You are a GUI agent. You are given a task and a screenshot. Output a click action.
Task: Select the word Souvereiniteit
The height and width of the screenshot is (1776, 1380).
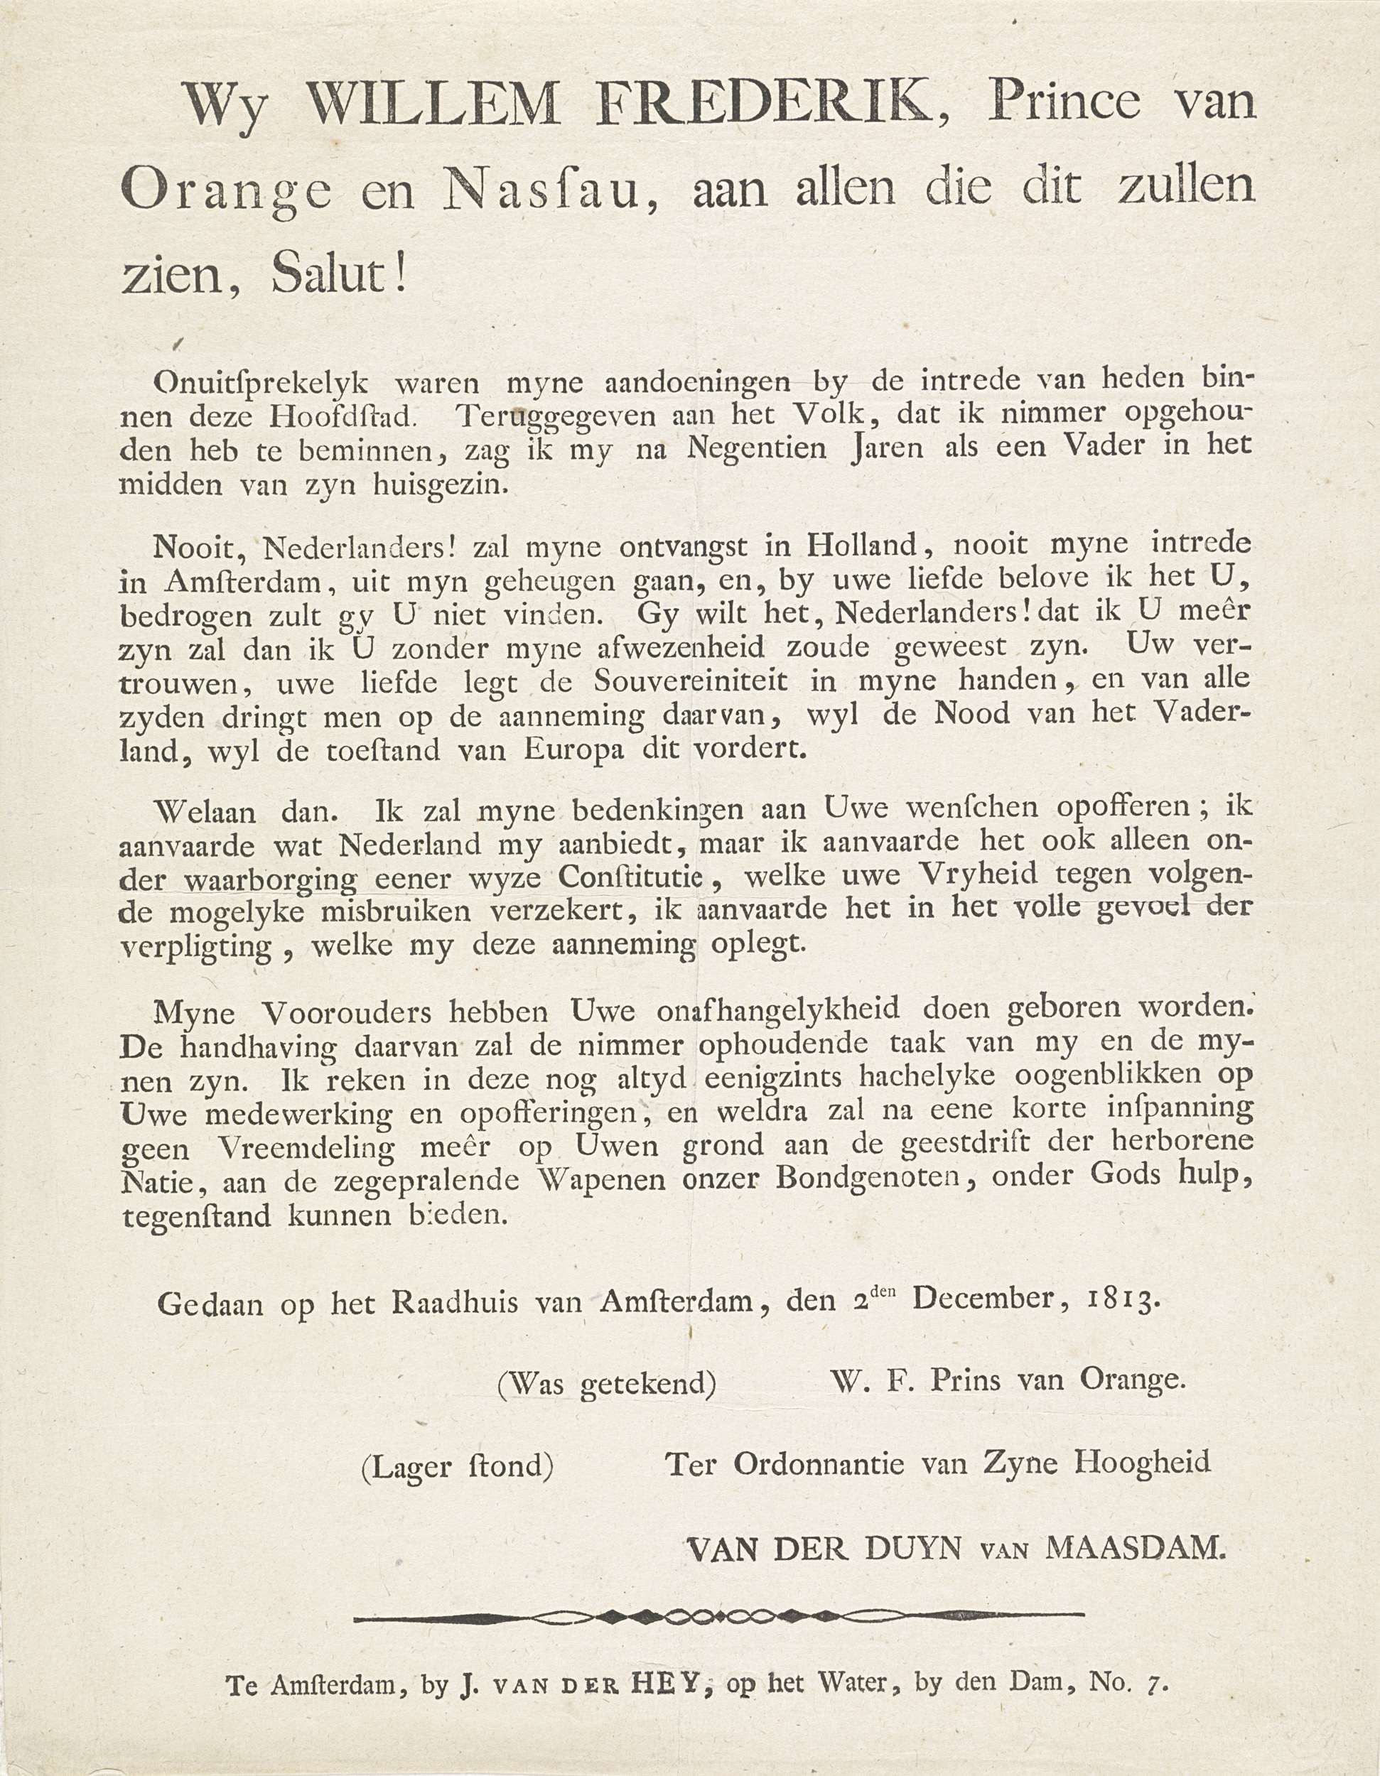click(689, 681)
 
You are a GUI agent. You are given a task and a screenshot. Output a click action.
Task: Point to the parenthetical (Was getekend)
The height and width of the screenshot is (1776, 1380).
click(607, 1383)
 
